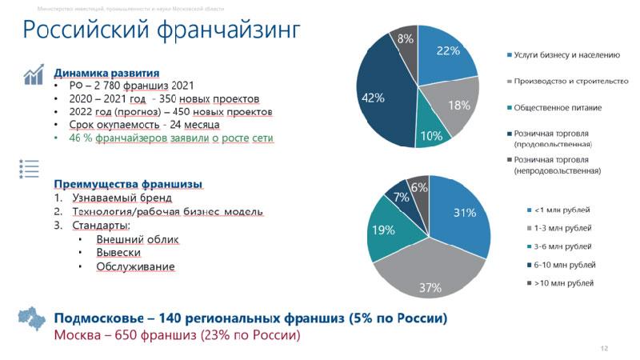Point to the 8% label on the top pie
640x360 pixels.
405,38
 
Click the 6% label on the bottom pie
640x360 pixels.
418,188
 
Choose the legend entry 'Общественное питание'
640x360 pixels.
558,108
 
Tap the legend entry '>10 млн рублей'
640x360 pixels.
566,283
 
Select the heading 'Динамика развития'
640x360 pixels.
106,72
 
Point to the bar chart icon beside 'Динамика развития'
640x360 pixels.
33,75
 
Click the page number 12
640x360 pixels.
604,348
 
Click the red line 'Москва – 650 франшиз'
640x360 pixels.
176,335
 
